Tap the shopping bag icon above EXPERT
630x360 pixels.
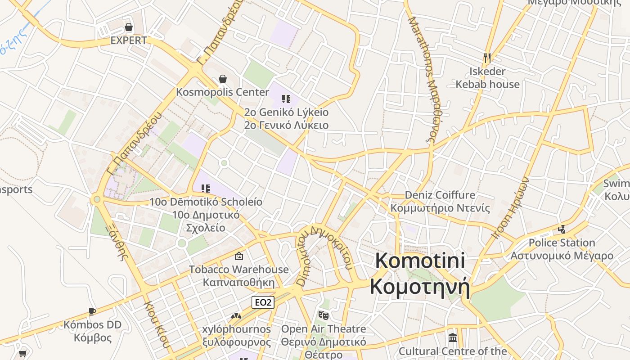(x=129, y=27)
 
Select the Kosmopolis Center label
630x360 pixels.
(x=222, y=92)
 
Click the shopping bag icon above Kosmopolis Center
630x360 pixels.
(x=222, y=79)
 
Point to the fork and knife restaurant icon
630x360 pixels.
(x=487, y=58)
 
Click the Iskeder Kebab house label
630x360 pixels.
(x=487, y=78)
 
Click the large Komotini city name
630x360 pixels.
(x=419, y=274)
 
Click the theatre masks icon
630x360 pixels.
(x=323, y=315)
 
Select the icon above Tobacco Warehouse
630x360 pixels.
(x=239, y=256)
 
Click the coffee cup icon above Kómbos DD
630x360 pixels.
(x=92, y=311)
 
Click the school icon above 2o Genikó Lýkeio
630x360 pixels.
(x=286, y=99)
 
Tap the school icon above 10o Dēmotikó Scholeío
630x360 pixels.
(x=206, y=189)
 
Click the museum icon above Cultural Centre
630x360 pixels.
(x=453, y=337)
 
